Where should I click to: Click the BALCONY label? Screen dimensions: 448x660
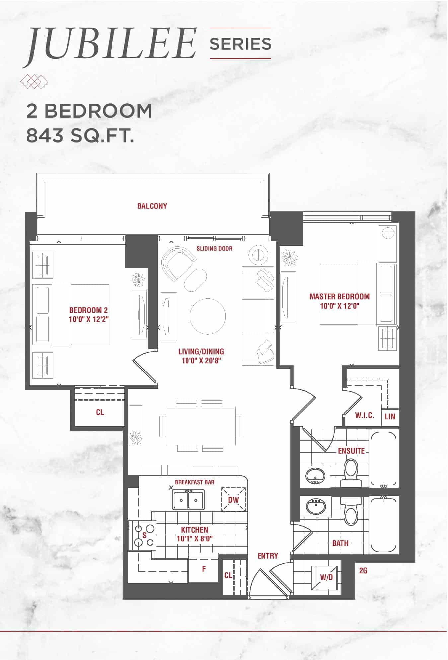(152, 206)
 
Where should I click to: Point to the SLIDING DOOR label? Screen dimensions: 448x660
(214, 248)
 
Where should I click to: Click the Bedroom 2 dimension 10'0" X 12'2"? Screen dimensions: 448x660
(89, 320)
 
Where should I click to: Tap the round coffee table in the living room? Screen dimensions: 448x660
(208, 316)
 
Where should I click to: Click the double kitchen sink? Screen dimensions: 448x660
(188, 500)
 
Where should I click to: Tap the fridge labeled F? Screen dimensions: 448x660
(204, 569)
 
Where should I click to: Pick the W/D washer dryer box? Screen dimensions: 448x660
(326, 577)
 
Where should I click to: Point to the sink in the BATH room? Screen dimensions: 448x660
(316, 507)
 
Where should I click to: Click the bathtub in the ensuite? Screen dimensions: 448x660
(384, 458)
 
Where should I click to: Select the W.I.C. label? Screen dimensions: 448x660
(365, 415)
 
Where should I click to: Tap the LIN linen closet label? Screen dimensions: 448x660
(390, 416)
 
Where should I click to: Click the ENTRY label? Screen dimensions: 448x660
(268, 556)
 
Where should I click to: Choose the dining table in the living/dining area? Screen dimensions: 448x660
(201, 426)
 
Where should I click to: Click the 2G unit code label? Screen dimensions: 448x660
(363, 571)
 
